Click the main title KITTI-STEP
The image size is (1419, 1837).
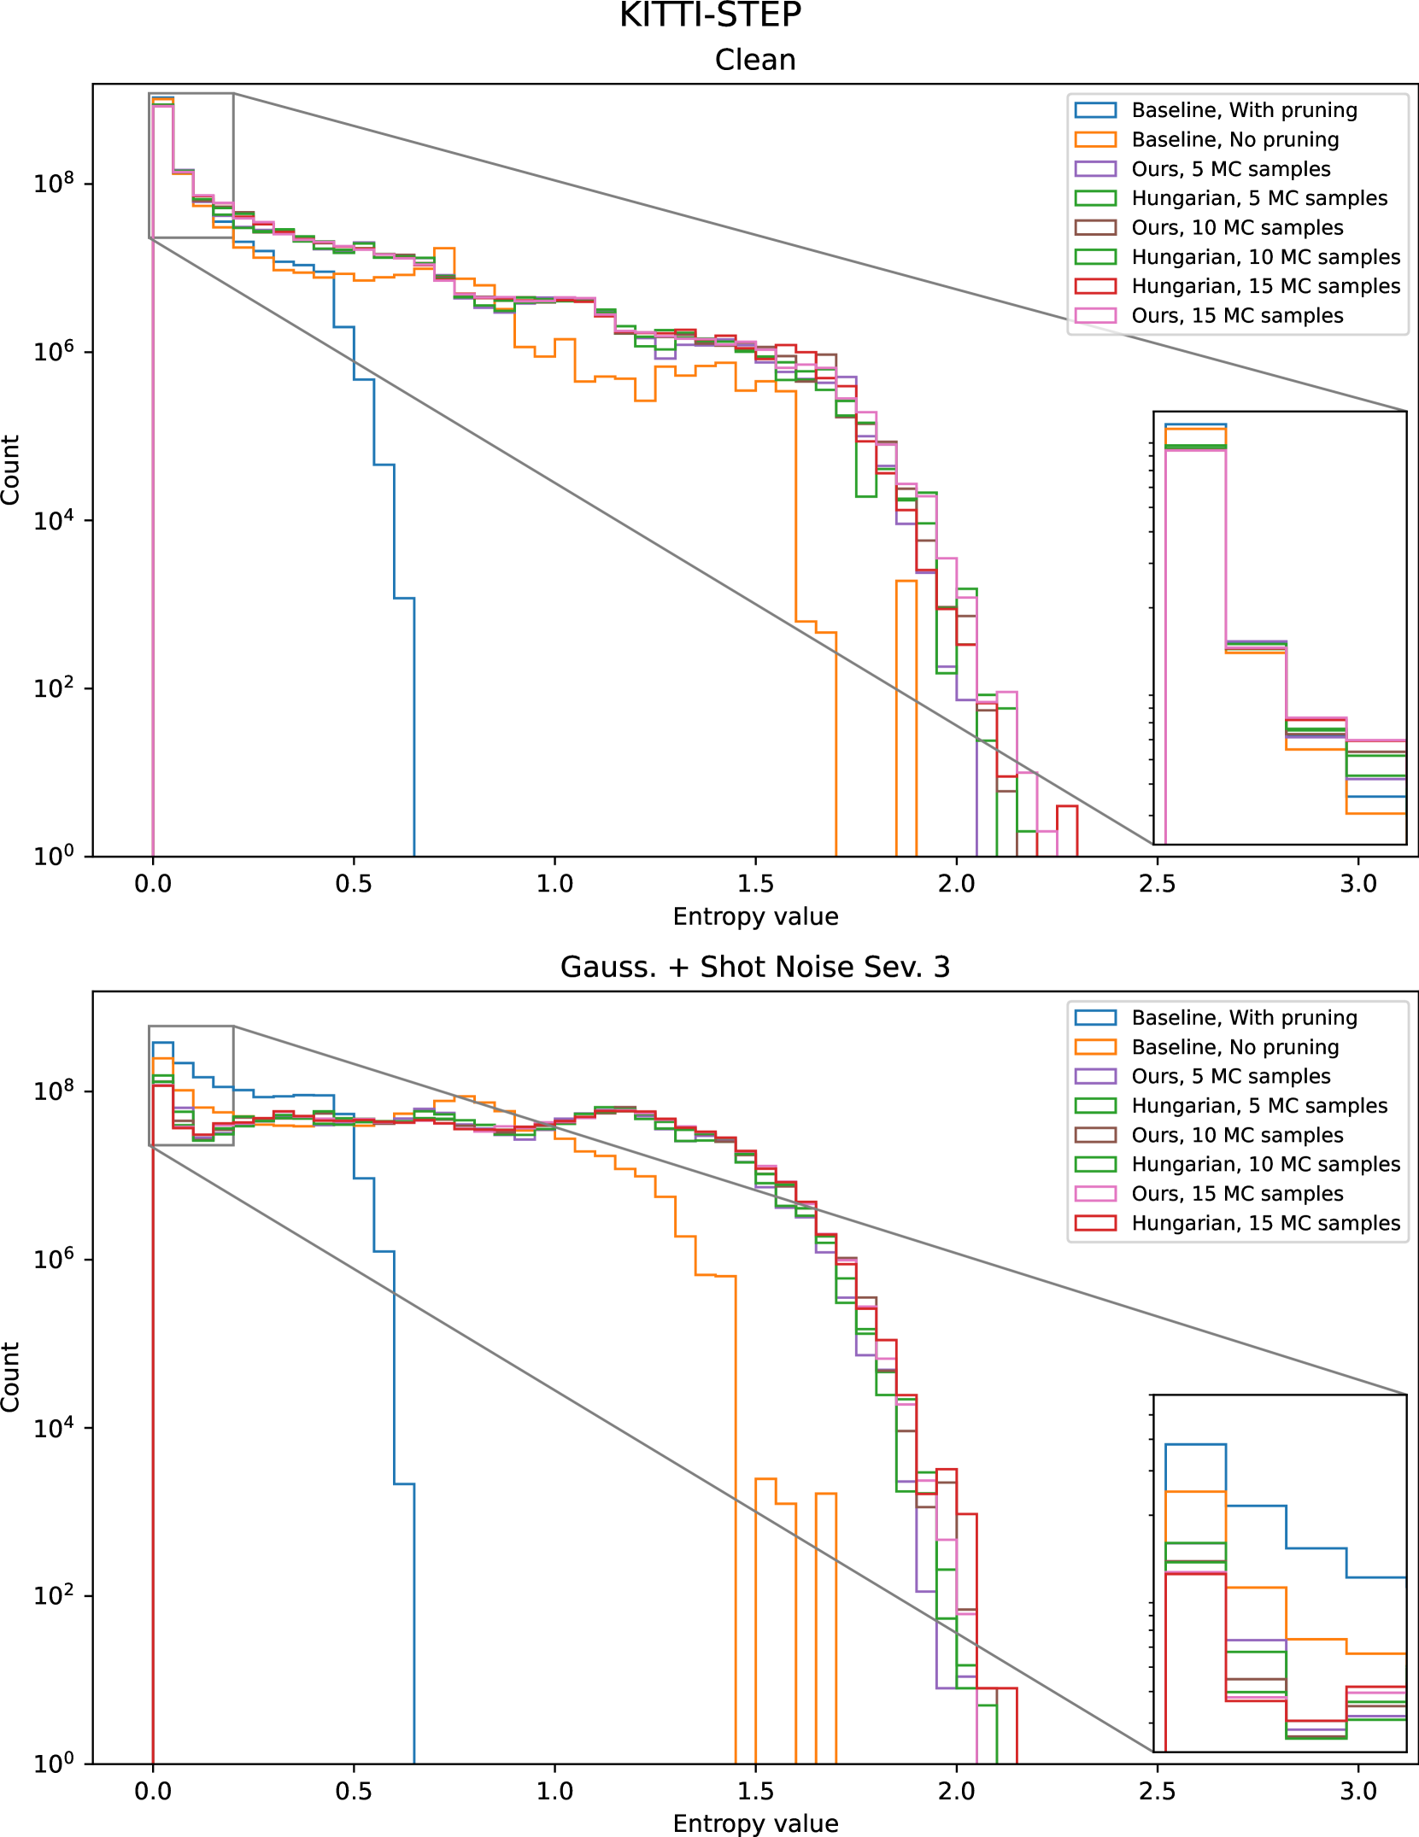[710, 16]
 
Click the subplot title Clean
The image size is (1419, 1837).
[755, 60]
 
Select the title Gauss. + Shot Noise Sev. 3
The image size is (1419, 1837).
[755, 967]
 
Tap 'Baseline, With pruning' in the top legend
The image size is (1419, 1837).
[1244, 110]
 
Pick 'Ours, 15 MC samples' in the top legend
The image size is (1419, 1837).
[1237, 316]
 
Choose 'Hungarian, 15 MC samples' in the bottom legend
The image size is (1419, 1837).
[1265, 1223]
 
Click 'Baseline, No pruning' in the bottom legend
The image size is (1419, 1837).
[1234, 1047]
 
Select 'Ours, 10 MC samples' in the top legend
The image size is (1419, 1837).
[1237, 228]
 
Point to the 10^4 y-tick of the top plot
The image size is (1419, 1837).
[53, 520]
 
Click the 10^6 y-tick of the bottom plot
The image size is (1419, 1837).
[53, 1259]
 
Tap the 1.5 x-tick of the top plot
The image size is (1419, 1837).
[755, 884]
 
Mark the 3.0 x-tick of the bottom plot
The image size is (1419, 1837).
[1358, 1791]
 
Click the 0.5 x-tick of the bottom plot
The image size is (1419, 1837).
[354, 1791]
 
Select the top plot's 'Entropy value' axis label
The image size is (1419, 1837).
[755, 916]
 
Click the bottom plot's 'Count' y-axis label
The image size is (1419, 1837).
[10, 1377]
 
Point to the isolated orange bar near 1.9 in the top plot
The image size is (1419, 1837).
[906, 717]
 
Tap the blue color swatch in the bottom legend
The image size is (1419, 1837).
[1095, 1018]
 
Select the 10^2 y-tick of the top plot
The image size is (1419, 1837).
[53, 688]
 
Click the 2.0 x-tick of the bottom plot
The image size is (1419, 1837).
[956, 1791]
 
